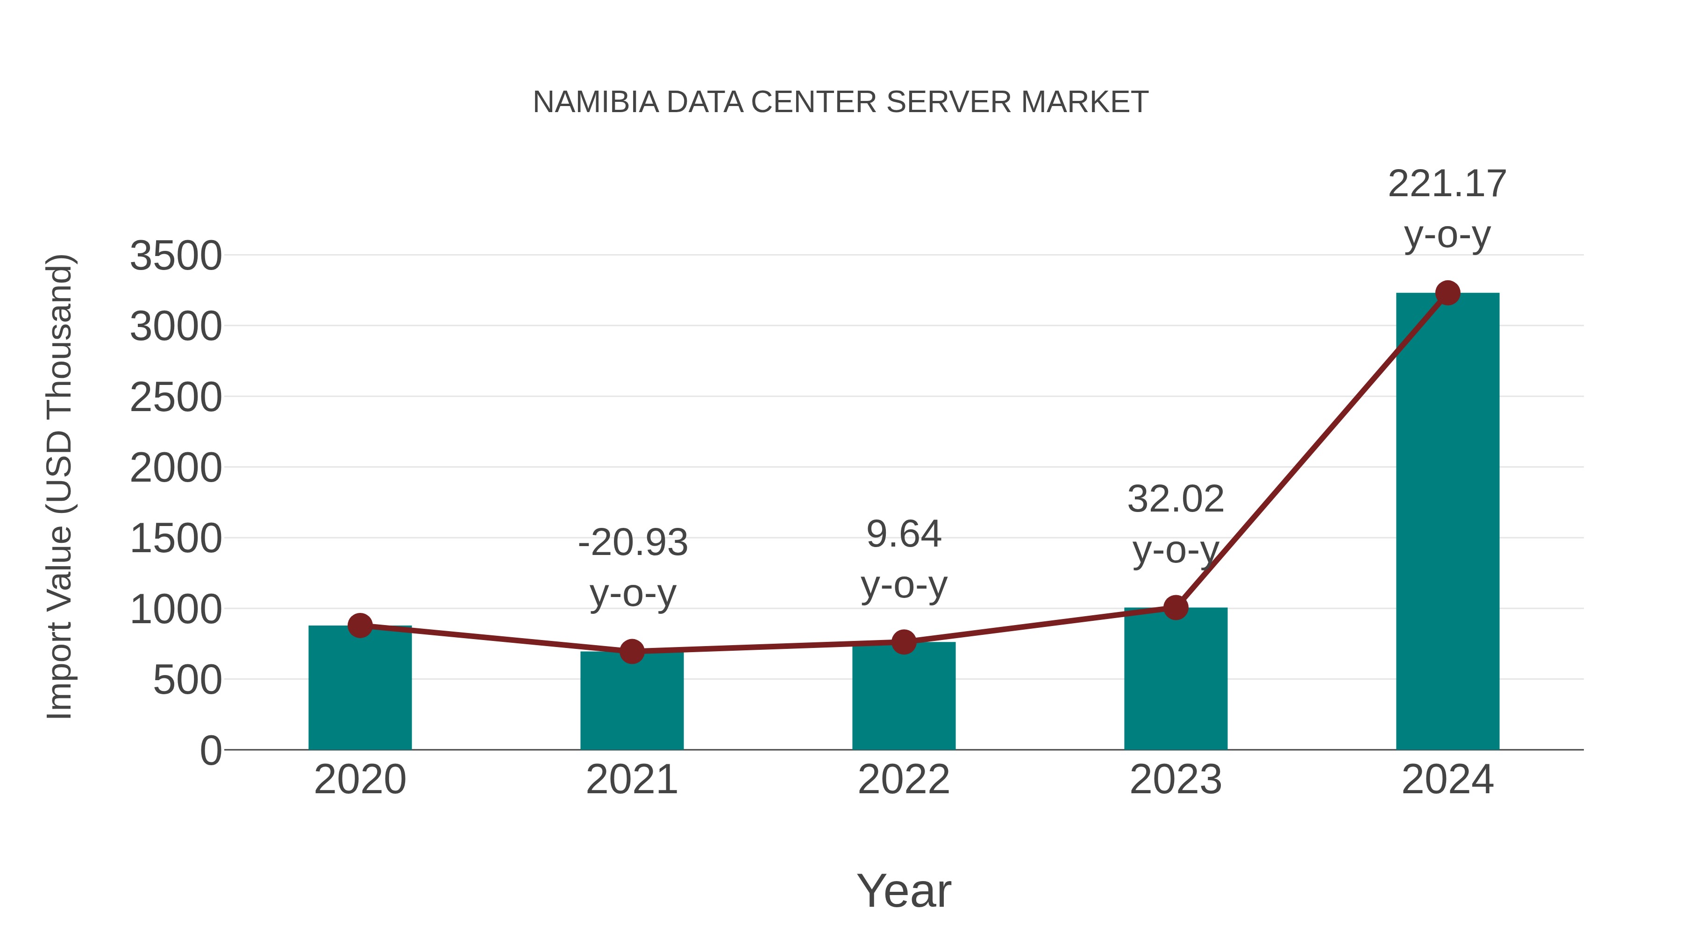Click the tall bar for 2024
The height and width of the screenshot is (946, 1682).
coord(1447,522)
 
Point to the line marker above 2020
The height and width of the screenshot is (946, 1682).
coord(360,626)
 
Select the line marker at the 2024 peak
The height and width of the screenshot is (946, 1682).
coord(1447,293)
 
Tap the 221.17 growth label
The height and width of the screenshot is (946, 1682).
coord(1447,184)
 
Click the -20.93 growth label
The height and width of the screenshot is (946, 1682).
coord(633,543)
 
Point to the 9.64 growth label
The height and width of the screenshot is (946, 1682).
coord(904,535)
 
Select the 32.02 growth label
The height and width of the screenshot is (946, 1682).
coord(1176,499)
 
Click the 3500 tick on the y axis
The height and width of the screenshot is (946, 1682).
coord(176,256)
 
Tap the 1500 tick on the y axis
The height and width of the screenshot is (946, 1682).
coord(176,539)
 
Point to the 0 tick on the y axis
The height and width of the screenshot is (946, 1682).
coord(210,751)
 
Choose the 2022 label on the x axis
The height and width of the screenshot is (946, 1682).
coord(904,780)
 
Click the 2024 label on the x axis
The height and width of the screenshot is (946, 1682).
coord(1447,780)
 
